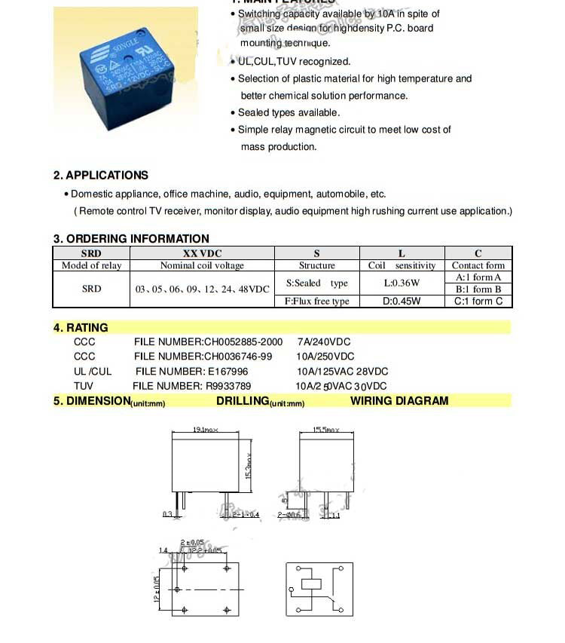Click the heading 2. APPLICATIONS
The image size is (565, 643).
pos(100,175)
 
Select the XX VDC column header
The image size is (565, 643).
pos(203,253)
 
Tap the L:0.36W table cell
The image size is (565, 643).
pos(402,283)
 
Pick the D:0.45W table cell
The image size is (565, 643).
pos(402,301)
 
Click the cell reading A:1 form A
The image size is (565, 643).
pos(478,277)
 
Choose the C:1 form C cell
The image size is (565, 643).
pos(478,301)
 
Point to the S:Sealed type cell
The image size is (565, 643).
pos(317,283)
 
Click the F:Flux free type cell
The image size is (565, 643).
pos(317,301)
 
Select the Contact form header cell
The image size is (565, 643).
pos(478,265)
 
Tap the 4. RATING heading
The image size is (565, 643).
pos(81,328)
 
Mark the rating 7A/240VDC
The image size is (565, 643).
pos(324,341)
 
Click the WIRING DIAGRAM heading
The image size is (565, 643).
pos(399,401)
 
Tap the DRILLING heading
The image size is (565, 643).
pos(243,401)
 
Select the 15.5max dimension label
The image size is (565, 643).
pos(326,430)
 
